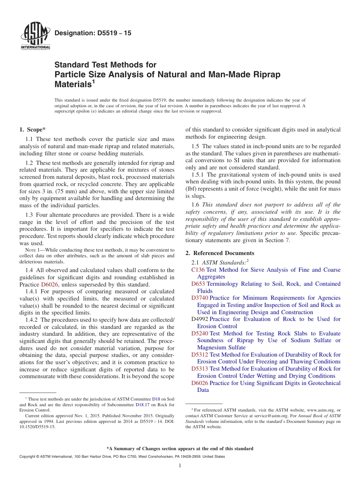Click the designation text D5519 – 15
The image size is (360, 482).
(x=93, y=33)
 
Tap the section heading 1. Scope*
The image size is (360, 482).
(x=33, y=130)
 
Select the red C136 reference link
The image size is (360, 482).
(x=198, y=270)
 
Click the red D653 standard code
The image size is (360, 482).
(x=198, y=284)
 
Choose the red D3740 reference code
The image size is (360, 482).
(x=200, y=298)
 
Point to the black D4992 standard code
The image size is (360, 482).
(x=200, y=319)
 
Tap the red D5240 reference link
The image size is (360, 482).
(x=200, y=333)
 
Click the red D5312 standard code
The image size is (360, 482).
(x=200, y=355)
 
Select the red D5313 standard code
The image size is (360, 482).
(x=200, y=369)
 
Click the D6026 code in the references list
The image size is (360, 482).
(x=200, y=383)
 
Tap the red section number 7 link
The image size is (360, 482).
(x=287, y=240)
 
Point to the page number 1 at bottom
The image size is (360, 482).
(x=180, y=466)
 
